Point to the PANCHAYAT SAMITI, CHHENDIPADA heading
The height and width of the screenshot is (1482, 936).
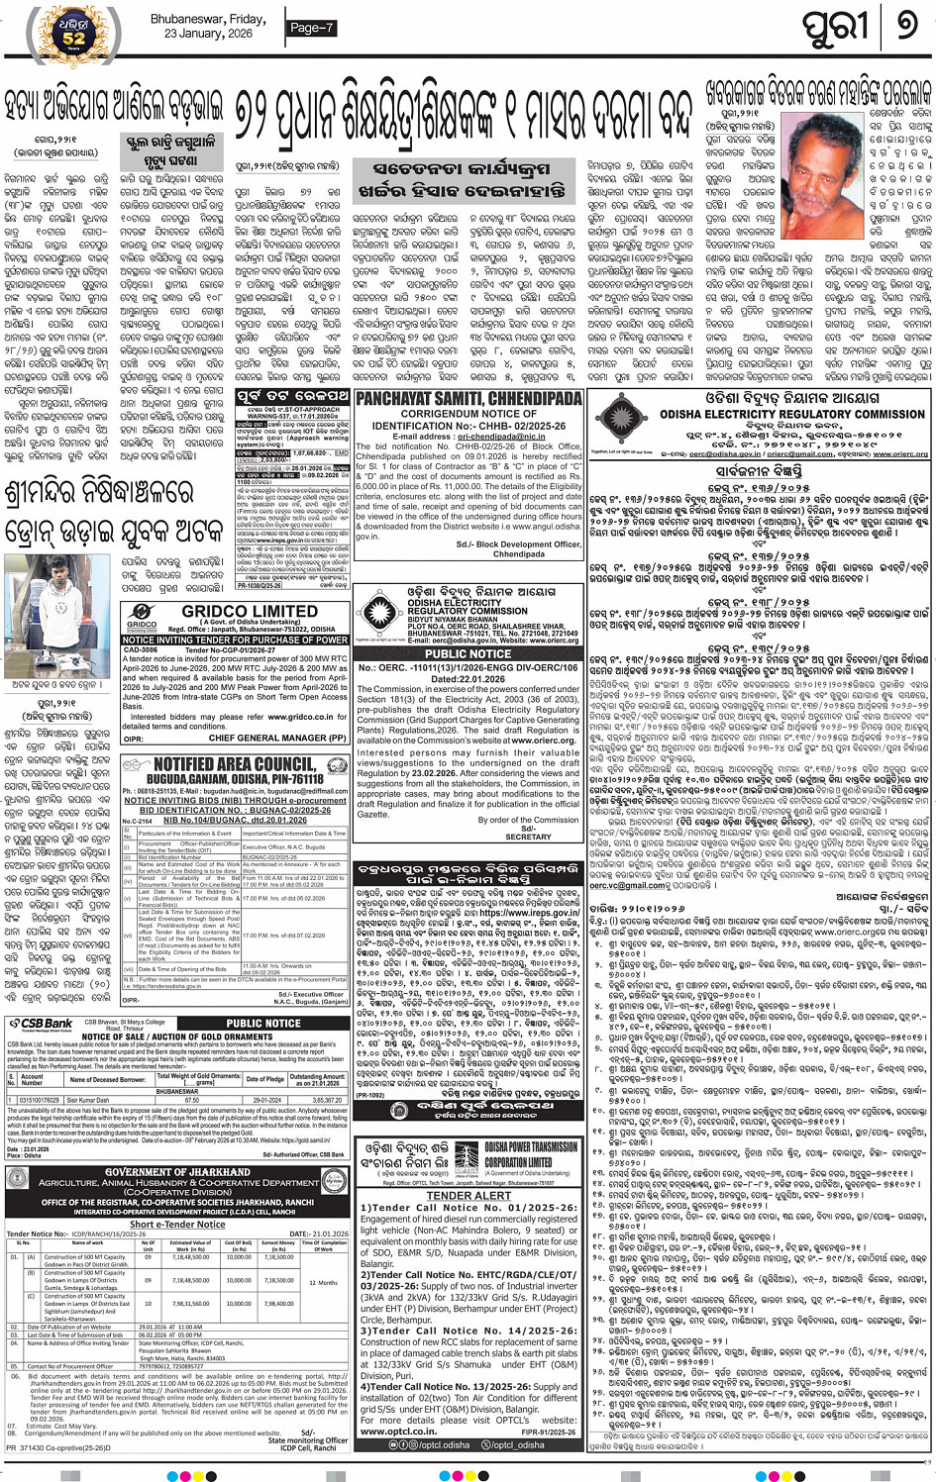click(x=468, y=398)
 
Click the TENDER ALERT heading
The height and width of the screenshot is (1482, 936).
click(x=468, y=1195)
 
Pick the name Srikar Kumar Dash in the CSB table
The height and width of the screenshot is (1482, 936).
click(x=89, y=1100)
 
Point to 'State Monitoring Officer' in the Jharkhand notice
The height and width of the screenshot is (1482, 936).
click(x=308, y=1440)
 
